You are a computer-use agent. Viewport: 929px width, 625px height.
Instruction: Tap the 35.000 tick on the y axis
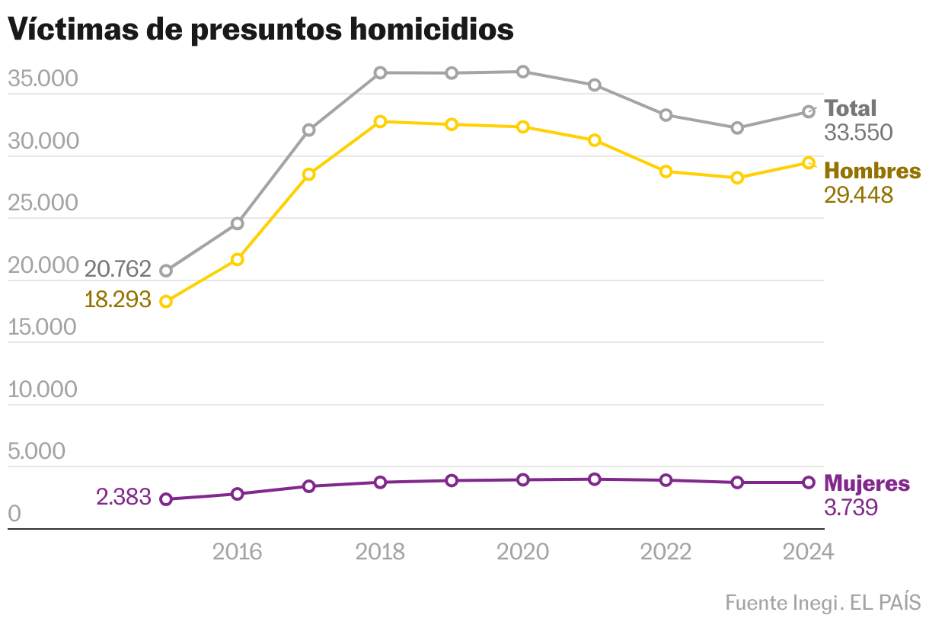(x=43, y=79)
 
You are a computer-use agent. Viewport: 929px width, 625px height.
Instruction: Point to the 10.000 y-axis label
(x=43, y=390)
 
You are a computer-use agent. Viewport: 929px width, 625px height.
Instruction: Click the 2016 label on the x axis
(x=237, y=552)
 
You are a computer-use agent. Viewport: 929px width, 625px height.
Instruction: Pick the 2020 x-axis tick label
(x=522, y=552)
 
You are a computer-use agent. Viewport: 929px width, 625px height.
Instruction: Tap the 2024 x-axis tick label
(x=808, y=552)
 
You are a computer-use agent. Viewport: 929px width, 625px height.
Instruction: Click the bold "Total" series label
(x=851, y=108)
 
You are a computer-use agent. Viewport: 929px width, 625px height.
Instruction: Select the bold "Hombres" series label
(x=872, y=171)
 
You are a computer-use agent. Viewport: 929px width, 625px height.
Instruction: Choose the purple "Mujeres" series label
(x=867, y=483)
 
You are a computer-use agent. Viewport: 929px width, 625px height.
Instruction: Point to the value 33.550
(x=858, y=133)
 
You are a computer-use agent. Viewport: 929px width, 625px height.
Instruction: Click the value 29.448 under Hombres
(x=858, y=195)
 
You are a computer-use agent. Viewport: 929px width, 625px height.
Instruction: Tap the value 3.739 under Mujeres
(x=851, y=507)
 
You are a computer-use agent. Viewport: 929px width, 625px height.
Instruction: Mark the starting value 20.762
(x=118, y=269)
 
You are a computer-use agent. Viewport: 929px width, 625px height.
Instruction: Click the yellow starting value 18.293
(x=118, y=299)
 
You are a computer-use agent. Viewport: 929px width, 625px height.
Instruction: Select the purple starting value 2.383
(x=123, y=498)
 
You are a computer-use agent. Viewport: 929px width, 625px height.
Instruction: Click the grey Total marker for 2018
(x=380, y=73)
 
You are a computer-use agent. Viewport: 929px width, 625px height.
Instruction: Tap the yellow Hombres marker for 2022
(x=666, y=171)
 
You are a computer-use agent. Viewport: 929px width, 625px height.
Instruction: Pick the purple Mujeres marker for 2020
(x=523, y=480)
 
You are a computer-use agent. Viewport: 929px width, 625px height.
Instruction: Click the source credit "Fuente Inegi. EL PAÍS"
(x=822, y=603)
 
